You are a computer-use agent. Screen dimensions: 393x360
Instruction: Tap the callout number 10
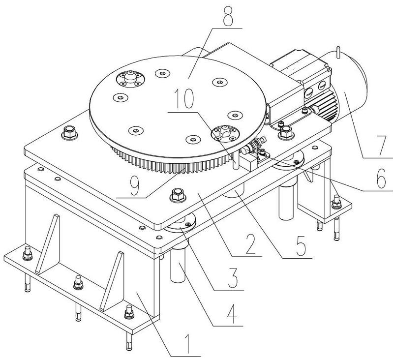click(185, 99)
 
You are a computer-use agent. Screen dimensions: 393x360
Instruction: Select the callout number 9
click(134, 185)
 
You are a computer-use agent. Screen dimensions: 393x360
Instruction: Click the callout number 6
click(382, 179)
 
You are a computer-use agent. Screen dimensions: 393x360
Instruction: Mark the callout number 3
click(232, 278)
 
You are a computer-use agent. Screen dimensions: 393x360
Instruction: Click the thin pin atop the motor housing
click(338, 52)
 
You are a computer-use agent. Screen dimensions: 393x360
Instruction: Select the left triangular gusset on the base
click(48, 244)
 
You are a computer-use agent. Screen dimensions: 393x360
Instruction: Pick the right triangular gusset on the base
click(112, 281)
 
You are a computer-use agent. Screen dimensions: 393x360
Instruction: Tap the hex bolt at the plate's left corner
click(70, 133)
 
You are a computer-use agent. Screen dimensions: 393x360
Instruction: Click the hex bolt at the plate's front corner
click(178, 195)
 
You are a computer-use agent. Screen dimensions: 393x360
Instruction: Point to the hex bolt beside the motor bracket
click(286, 132)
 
